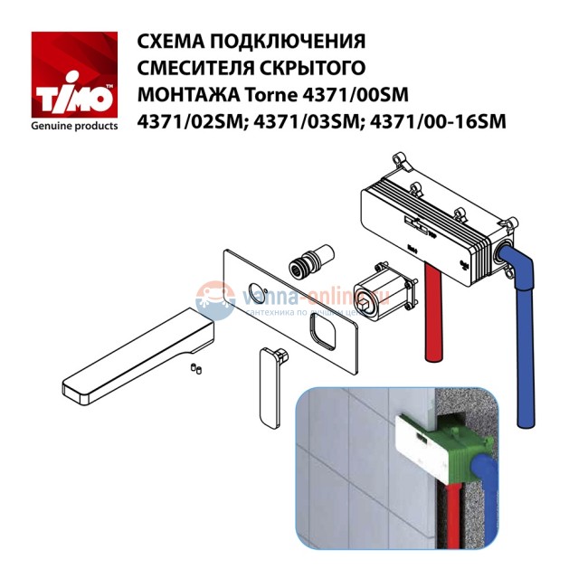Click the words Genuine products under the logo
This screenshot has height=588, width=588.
click(x=74, y=126)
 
